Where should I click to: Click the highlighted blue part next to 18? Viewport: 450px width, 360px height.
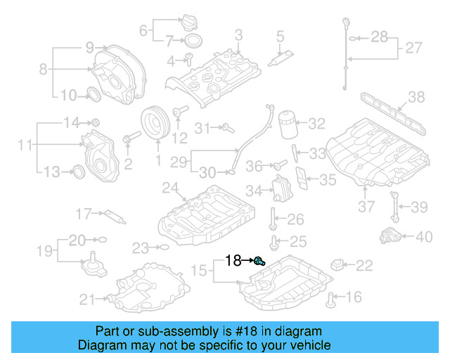[259, 262]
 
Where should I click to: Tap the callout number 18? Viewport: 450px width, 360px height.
[233, 262]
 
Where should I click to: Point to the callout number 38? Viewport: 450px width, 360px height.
[416, 97]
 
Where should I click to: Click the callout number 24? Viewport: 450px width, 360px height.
[170, 188]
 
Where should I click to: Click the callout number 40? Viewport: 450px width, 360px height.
[424, 236]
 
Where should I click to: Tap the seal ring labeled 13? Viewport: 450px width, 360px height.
[79, 171]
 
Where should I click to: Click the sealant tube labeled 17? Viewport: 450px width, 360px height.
[112, 214]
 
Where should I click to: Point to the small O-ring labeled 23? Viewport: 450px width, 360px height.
[163, 247]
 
